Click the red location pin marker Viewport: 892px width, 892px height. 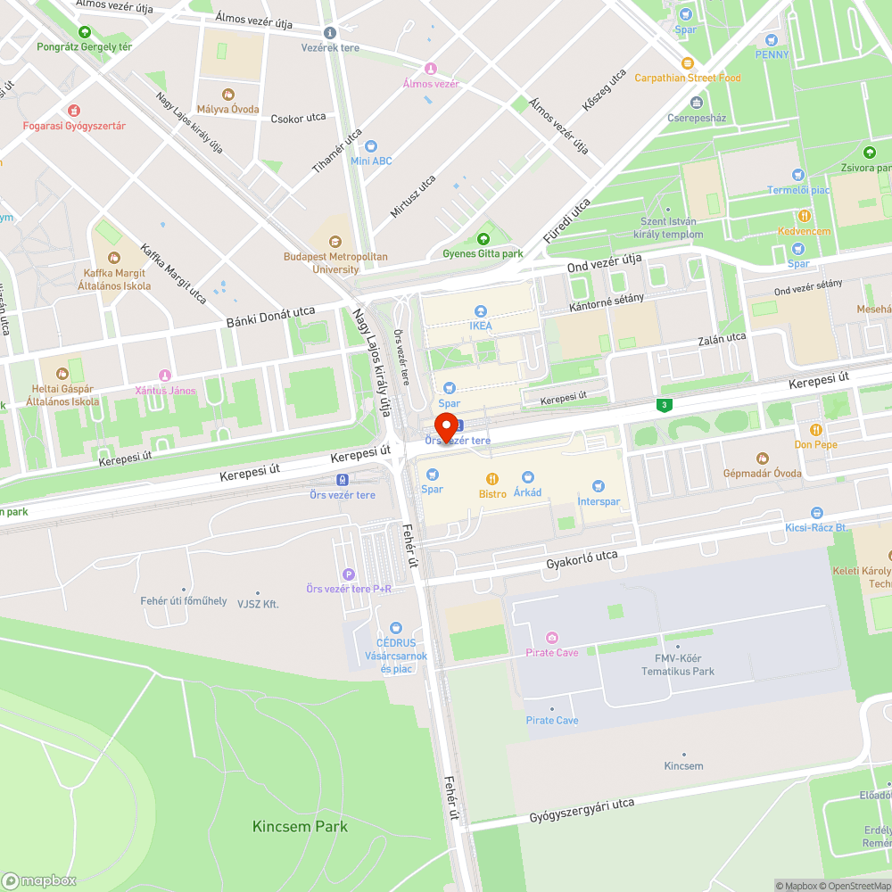click(x=446, y=426)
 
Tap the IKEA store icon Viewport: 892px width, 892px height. click(x=481, y=311)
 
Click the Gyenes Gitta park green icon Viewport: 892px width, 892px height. click(x=483, y=239)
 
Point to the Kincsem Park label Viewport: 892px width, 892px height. click(x=300, y=826)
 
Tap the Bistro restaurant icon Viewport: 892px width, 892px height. click(x=491, y=479)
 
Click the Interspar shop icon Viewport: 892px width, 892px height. click(x=599, y=486)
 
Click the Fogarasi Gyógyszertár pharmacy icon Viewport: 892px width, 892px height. click(x=74, y=111)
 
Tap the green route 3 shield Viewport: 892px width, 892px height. click(x=664, y=406)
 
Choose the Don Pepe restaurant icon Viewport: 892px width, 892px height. click(x=815, y=430)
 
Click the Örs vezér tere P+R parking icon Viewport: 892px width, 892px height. click(x=348, y=574)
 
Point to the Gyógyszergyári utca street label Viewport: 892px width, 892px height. click(x=582, y=810)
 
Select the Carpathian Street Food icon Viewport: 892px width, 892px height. click(x=687, y=63)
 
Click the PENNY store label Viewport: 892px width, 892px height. click(x=772, y=54)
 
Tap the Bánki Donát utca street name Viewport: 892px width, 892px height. click(x=270, y=317)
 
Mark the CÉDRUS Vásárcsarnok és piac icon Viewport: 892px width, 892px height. click(x=395, y=628)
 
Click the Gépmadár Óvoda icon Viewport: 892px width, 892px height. click(x=762, y=458)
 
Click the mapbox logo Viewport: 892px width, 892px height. click(x=39, y=880)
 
